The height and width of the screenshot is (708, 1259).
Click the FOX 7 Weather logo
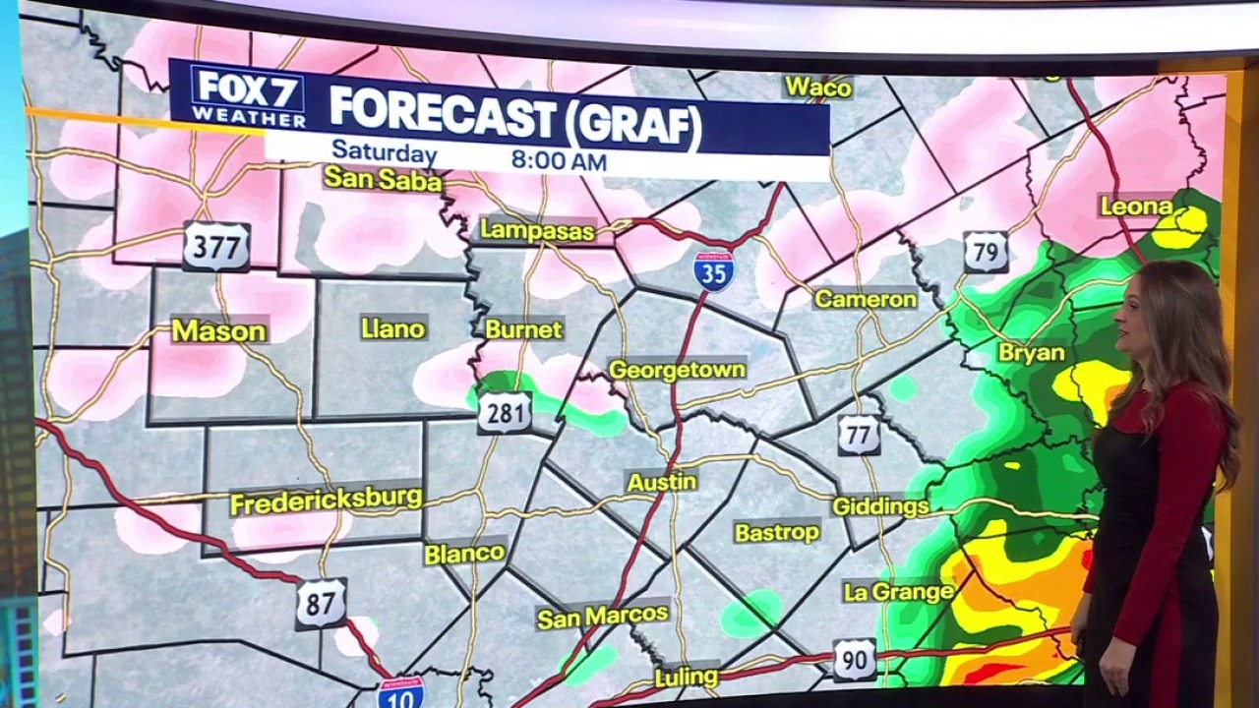[247, 96]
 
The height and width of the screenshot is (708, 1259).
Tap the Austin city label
[662, 482]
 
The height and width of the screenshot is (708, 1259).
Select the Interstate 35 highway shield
[713, 270]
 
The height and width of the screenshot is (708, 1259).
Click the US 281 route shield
[506, 412]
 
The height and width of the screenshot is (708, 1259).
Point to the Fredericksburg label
[326, 500]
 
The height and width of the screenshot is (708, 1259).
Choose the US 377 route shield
[216, 247]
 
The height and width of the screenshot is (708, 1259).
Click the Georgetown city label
[677, 370]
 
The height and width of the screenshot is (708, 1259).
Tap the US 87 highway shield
[321, 603]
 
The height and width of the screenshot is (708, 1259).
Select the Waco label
[817, 88]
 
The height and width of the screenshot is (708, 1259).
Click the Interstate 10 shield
[401, 693]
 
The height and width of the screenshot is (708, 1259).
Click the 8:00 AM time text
[559, 160]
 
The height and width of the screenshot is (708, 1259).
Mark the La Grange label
[898, 591]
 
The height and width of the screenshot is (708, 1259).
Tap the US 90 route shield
[854, 660]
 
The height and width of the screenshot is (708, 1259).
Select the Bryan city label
[1031, 352]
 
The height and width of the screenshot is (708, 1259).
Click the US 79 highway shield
[986, 252]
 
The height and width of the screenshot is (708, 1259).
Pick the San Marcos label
[602, 616]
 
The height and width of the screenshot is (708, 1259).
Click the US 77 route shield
[859, 435]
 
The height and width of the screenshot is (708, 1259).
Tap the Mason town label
[218, 330]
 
